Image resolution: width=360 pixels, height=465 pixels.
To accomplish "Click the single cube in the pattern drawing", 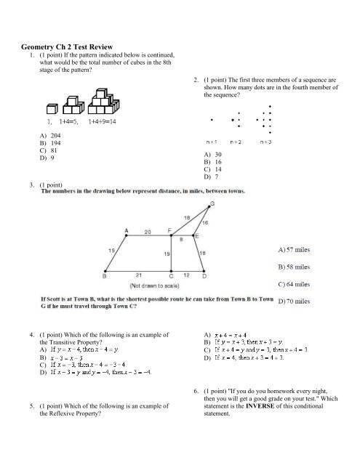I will click(51, 108).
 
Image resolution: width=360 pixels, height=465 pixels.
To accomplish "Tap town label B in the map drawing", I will click(105, 277).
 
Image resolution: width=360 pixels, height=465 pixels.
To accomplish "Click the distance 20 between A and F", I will click(148, 232).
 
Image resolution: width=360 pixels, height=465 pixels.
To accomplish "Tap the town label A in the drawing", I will click(127, 230).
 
